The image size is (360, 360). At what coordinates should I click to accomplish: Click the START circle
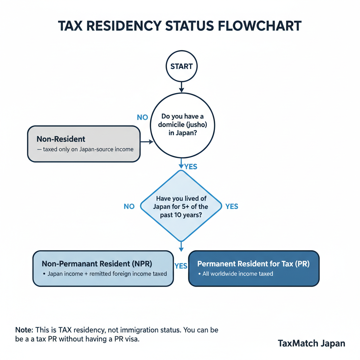181,66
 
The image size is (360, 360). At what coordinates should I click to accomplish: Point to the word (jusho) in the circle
197,125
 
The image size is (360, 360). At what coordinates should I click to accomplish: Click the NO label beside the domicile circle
142,117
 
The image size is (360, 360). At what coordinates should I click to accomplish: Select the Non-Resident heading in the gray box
61,139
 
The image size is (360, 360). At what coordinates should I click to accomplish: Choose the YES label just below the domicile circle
191,167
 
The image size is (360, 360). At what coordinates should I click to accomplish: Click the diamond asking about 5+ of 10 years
181,207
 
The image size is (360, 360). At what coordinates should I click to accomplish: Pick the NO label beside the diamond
129,206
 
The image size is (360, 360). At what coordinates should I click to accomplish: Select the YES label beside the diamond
232,206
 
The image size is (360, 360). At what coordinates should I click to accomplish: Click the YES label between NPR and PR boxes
181,266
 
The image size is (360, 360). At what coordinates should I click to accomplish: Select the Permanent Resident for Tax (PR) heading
253,264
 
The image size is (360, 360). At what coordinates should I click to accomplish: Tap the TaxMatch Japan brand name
311,343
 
